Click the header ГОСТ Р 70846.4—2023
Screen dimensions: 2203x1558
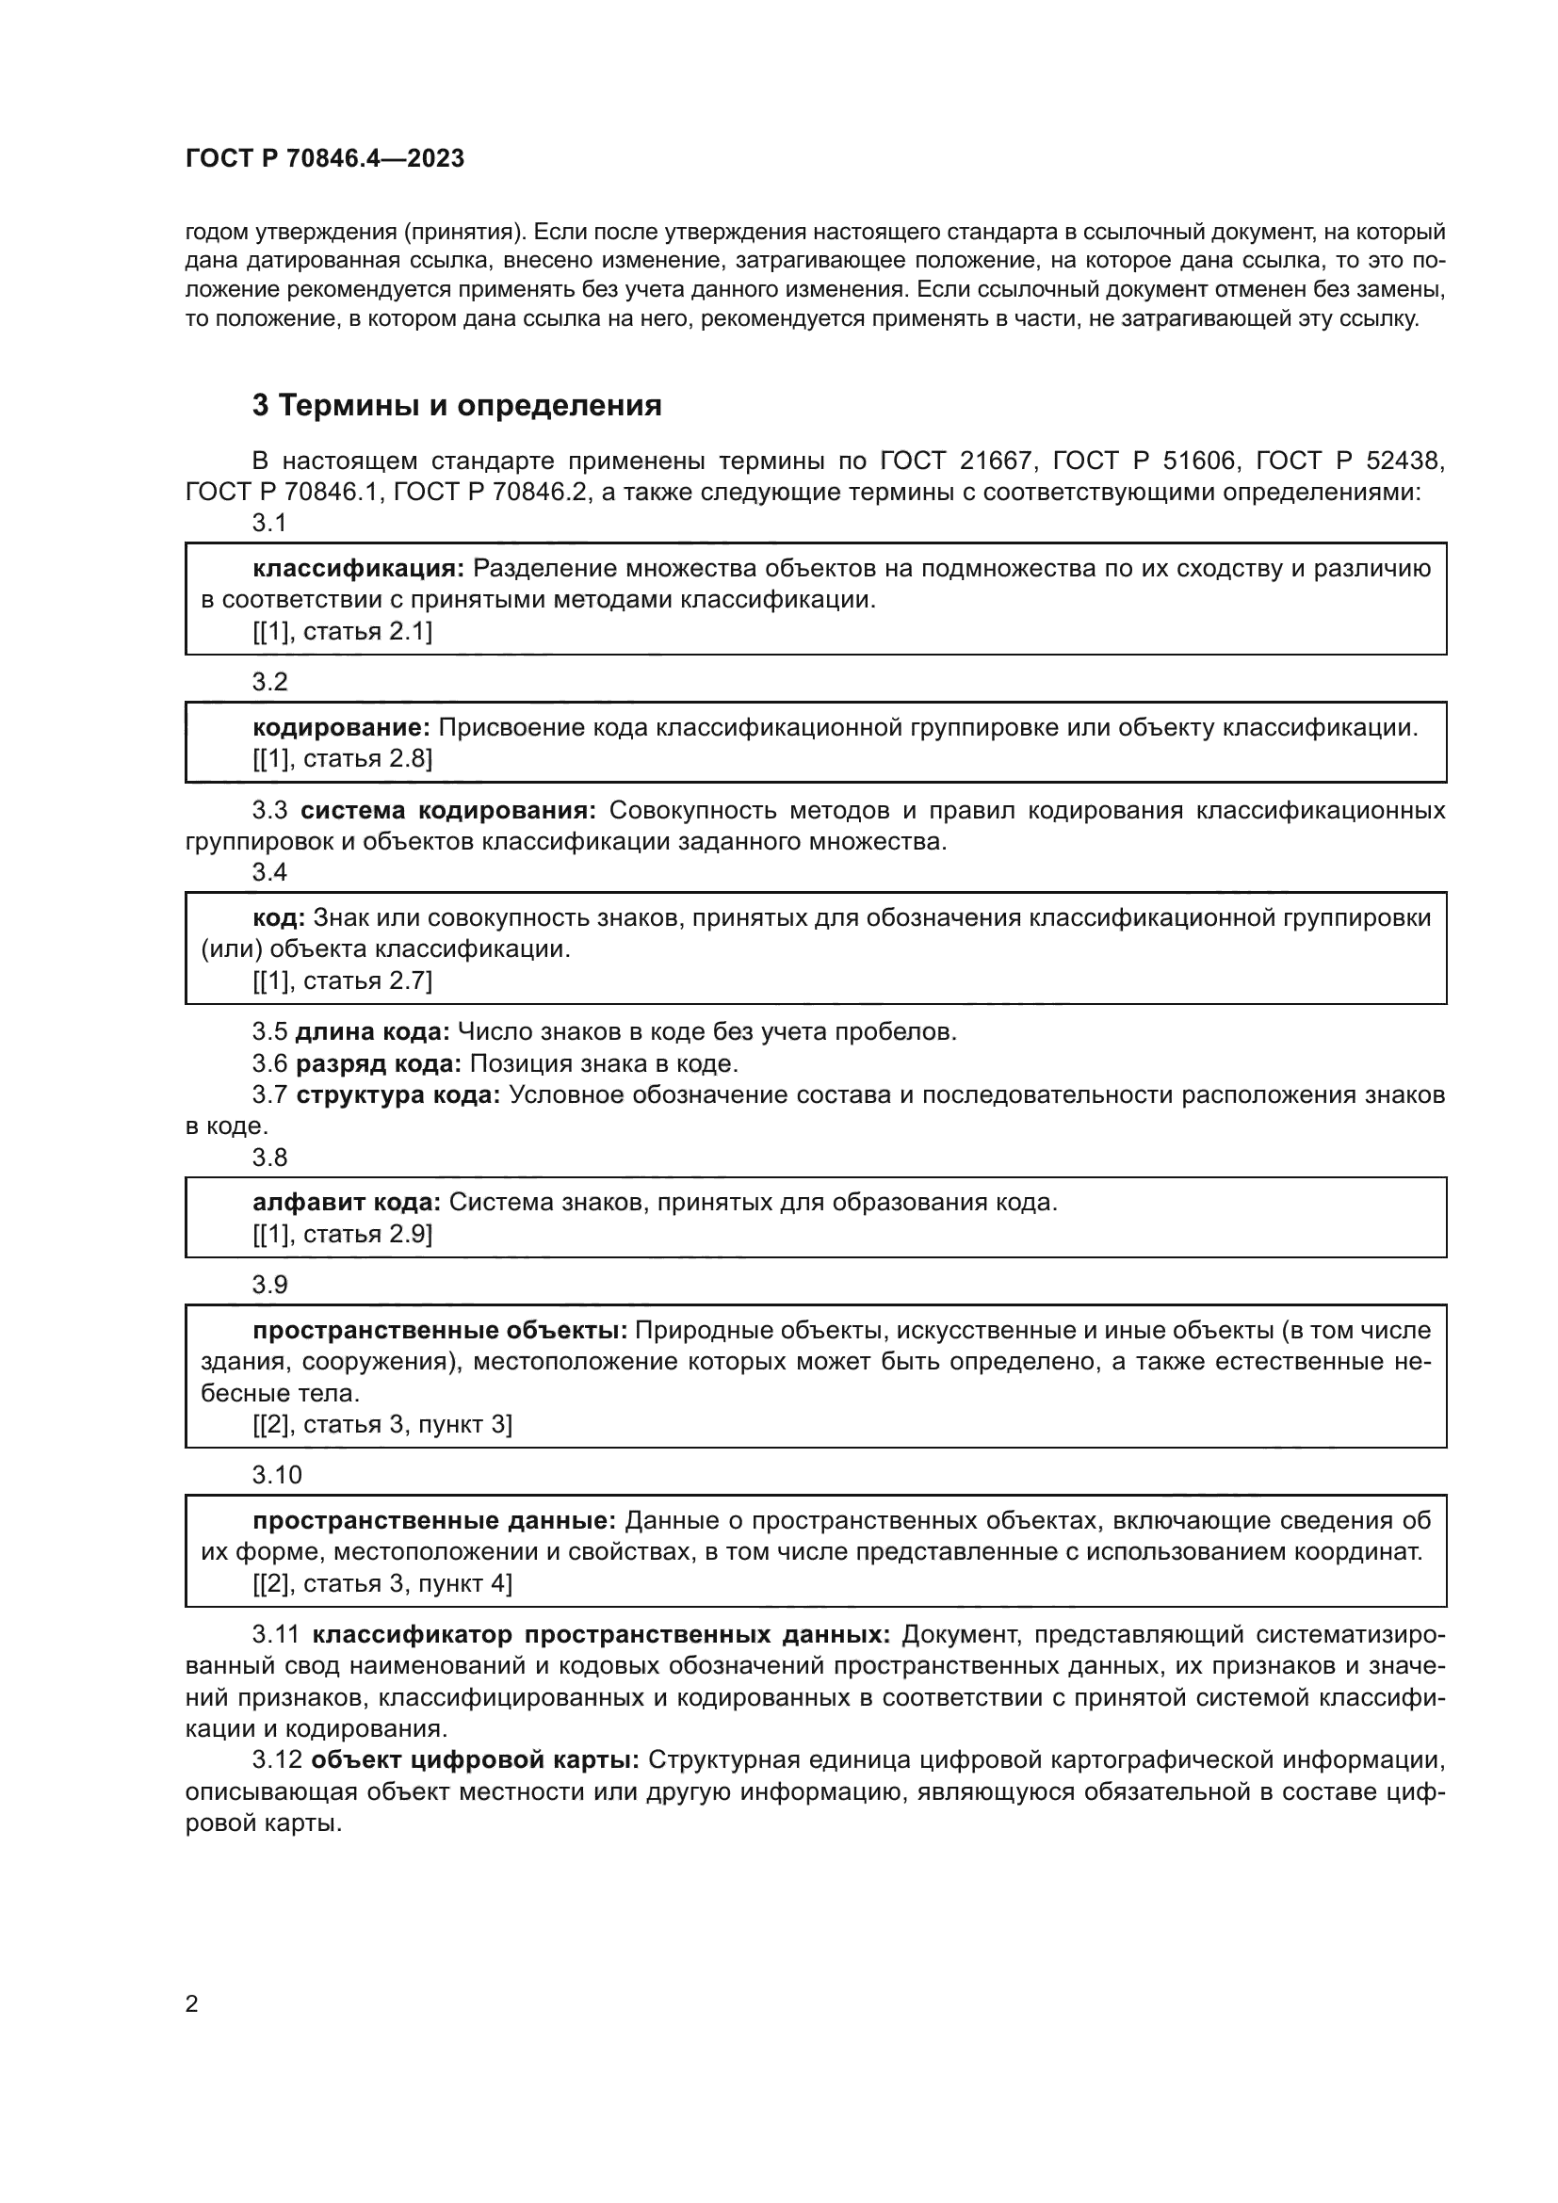click(324, 158)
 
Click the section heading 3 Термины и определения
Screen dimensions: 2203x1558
click(457, 406)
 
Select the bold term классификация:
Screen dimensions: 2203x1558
click(358, 569)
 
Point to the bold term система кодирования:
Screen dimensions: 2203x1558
click(448, 811)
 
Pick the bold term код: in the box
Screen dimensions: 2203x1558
click(278, 917)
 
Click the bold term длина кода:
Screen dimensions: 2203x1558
click(372, 1031)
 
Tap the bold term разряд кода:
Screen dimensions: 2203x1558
click(378, 1063)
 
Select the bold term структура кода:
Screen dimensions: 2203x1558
click(398, 1094)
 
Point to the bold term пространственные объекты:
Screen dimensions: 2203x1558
click(439, 1330)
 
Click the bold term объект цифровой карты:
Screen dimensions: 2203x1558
click(475, 1759)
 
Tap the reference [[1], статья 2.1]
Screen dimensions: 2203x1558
click(343, 631)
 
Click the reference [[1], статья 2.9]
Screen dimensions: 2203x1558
click(343, 1234)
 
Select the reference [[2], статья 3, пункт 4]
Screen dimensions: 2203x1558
click(381, 1583)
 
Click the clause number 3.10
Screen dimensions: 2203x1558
click(276, 1475)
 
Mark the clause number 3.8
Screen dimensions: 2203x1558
click(269, 1158)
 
